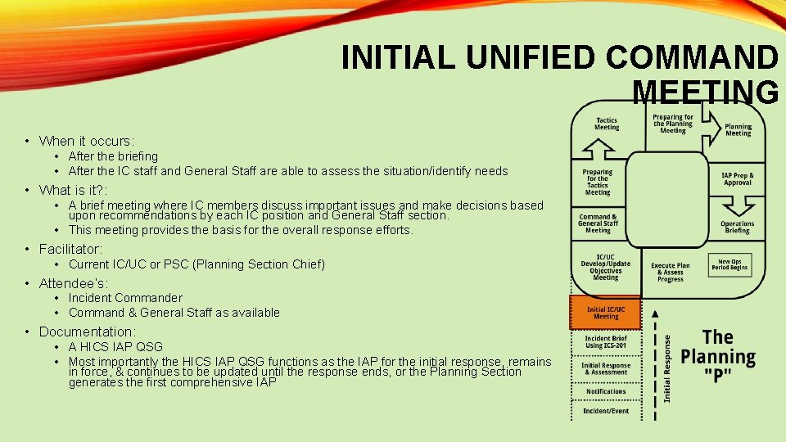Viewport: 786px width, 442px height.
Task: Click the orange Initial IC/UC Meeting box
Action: click(606, 313)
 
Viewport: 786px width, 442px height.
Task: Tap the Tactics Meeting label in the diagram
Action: click(607, 124)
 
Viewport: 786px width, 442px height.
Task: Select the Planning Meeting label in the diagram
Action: click(738, 130)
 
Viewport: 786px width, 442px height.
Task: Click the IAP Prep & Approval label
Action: click(738, 179)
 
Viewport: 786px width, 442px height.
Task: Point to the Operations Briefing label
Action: click(738, 228)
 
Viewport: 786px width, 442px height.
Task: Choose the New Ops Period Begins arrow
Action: click(729, 264)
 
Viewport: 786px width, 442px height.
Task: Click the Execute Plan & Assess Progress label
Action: click(670, 273)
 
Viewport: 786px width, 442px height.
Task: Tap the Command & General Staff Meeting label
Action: click(598, 223)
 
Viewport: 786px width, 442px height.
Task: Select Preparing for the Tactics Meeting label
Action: click(598, 182)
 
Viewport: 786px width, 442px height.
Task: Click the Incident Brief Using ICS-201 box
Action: click(606, 342)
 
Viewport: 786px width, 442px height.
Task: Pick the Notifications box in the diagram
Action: click(606, 391)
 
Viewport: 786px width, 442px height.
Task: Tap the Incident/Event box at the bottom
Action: click(606, 411)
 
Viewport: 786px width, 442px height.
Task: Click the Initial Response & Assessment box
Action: click(606, 368)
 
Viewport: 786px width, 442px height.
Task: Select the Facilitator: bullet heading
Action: click(71, 249)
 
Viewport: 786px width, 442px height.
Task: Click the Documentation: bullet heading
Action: click(87, 331)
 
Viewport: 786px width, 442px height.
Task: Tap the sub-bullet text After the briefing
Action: click(113, 156)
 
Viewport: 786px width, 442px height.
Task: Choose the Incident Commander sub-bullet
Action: click(125, 298)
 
